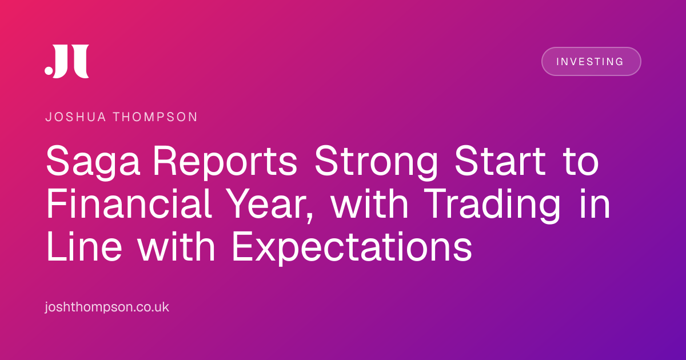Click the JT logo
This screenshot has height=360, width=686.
pos(67,61)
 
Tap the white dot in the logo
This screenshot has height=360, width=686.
pos(49,70)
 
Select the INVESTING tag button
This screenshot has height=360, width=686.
pos(591,62)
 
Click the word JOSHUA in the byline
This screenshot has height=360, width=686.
pos(75,117)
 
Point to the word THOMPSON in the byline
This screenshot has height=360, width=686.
pos(155,117)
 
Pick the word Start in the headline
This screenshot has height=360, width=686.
pos(500,161)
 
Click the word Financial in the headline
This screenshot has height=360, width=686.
pos(129,203)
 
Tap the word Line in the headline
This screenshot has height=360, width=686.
pos(85,246)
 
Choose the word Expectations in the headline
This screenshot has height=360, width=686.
pos(352,248)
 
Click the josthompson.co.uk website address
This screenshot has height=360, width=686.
pos(107,307)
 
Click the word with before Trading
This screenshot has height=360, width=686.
pos(370,203)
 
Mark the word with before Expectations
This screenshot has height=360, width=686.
pos(177,246)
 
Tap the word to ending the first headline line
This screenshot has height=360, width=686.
pos(581,162)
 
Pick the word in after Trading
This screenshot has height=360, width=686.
pos(595,203)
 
